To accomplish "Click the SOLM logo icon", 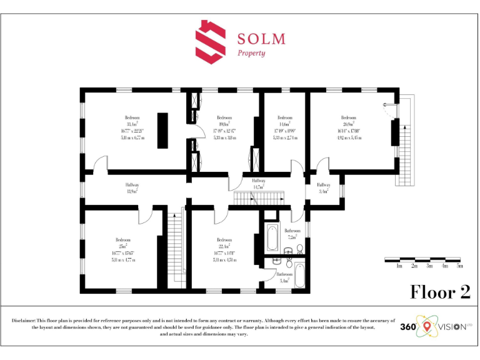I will click(x=210, y=42).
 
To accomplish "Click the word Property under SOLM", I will click(x=251, y=53).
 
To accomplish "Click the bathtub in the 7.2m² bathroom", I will click(x=272, y=238).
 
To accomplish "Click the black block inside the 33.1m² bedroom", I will click(x=162, y=130).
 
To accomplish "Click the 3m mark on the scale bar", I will click(x=429, y=266).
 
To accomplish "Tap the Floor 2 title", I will click(x=440, y=292).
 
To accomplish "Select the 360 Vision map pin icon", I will click(x=427, y=326).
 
